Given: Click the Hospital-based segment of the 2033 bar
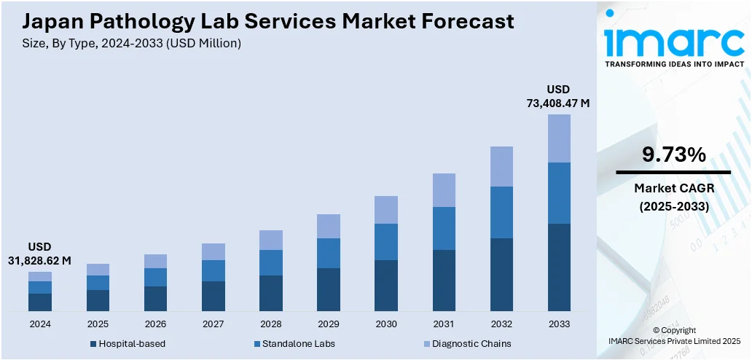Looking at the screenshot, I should point(559,267).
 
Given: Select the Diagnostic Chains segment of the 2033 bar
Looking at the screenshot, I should point(559,138).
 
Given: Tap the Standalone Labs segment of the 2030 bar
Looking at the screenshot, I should point(386,242).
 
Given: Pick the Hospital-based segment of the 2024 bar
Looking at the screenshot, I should point(40,302).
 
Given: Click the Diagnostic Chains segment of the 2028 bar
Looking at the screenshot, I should point(270,240).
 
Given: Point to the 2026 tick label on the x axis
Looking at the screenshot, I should point(155,324).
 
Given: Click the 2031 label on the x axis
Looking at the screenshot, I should point(444,324).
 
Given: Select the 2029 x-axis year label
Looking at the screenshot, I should point(329,324).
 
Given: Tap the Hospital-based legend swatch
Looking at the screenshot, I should point(93,344).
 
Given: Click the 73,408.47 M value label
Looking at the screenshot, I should point(558,103).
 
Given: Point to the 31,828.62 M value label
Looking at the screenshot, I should point(40,260).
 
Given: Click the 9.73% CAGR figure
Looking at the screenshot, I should point(673,154).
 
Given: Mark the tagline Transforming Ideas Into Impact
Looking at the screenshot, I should point(674,64).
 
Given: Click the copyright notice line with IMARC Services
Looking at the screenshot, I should point(674,340).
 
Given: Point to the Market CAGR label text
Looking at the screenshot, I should point(673,188).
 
